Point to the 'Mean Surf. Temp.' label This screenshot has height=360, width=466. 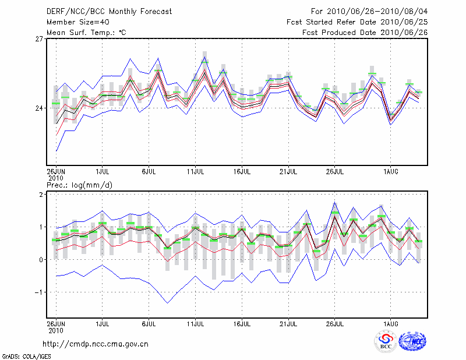86,33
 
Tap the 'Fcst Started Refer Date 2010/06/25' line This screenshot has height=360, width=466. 357,22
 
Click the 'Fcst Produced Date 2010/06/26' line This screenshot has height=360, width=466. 365,33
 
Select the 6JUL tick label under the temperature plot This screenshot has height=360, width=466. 149,172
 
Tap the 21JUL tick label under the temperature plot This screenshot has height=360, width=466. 288,172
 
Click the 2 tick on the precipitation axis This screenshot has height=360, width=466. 42,194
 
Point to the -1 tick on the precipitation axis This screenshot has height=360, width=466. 40,292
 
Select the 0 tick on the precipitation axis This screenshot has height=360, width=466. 42,260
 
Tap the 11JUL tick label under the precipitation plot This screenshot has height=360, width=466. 195,322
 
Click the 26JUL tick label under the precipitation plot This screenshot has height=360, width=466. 335,322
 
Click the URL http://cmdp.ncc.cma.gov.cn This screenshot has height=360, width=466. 96,344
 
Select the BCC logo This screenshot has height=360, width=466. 386,342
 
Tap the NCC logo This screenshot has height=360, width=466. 412,342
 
